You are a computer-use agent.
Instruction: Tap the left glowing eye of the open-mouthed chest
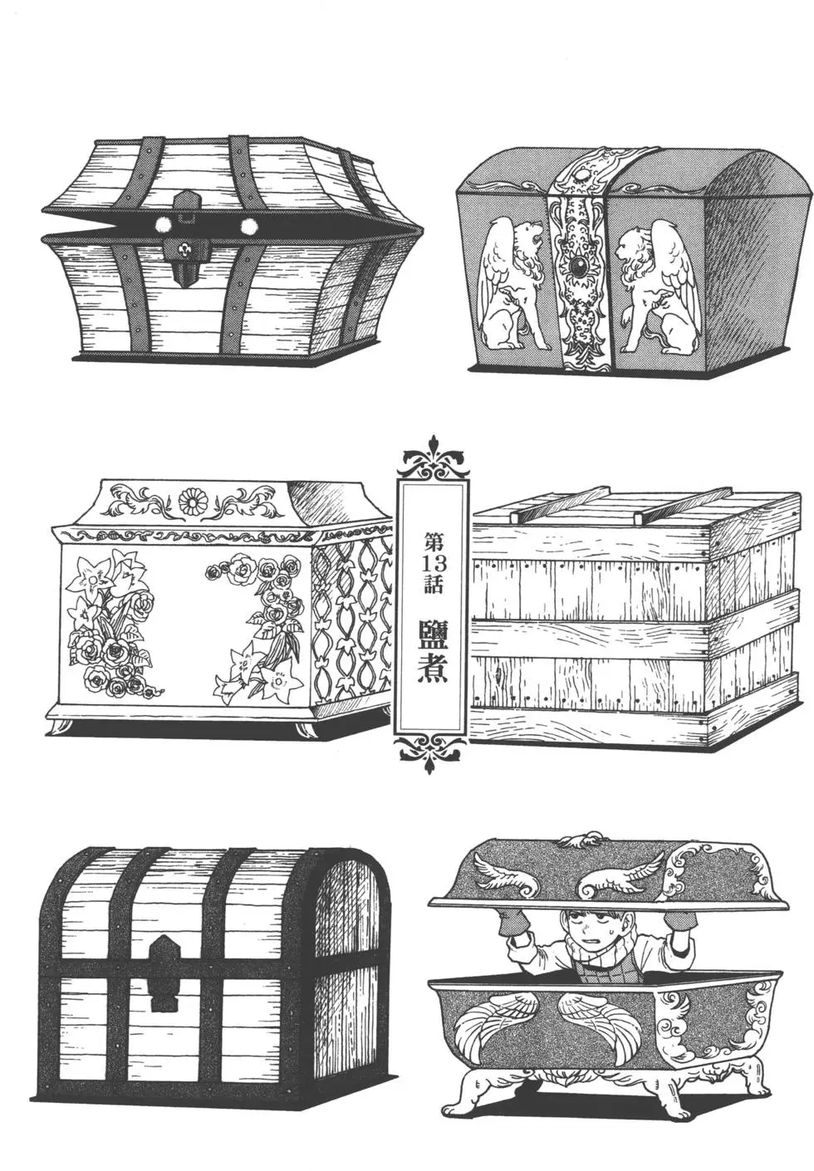click(163, 225)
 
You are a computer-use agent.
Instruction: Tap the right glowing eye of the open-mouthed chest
click(248, 226)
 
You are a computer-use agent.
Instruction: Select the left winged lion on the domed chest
click(514, 285)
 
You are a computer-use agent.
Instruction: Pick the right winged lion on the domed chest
click(658, 285)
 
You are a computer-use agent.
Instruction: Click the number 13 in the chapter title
click(433, 565)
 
